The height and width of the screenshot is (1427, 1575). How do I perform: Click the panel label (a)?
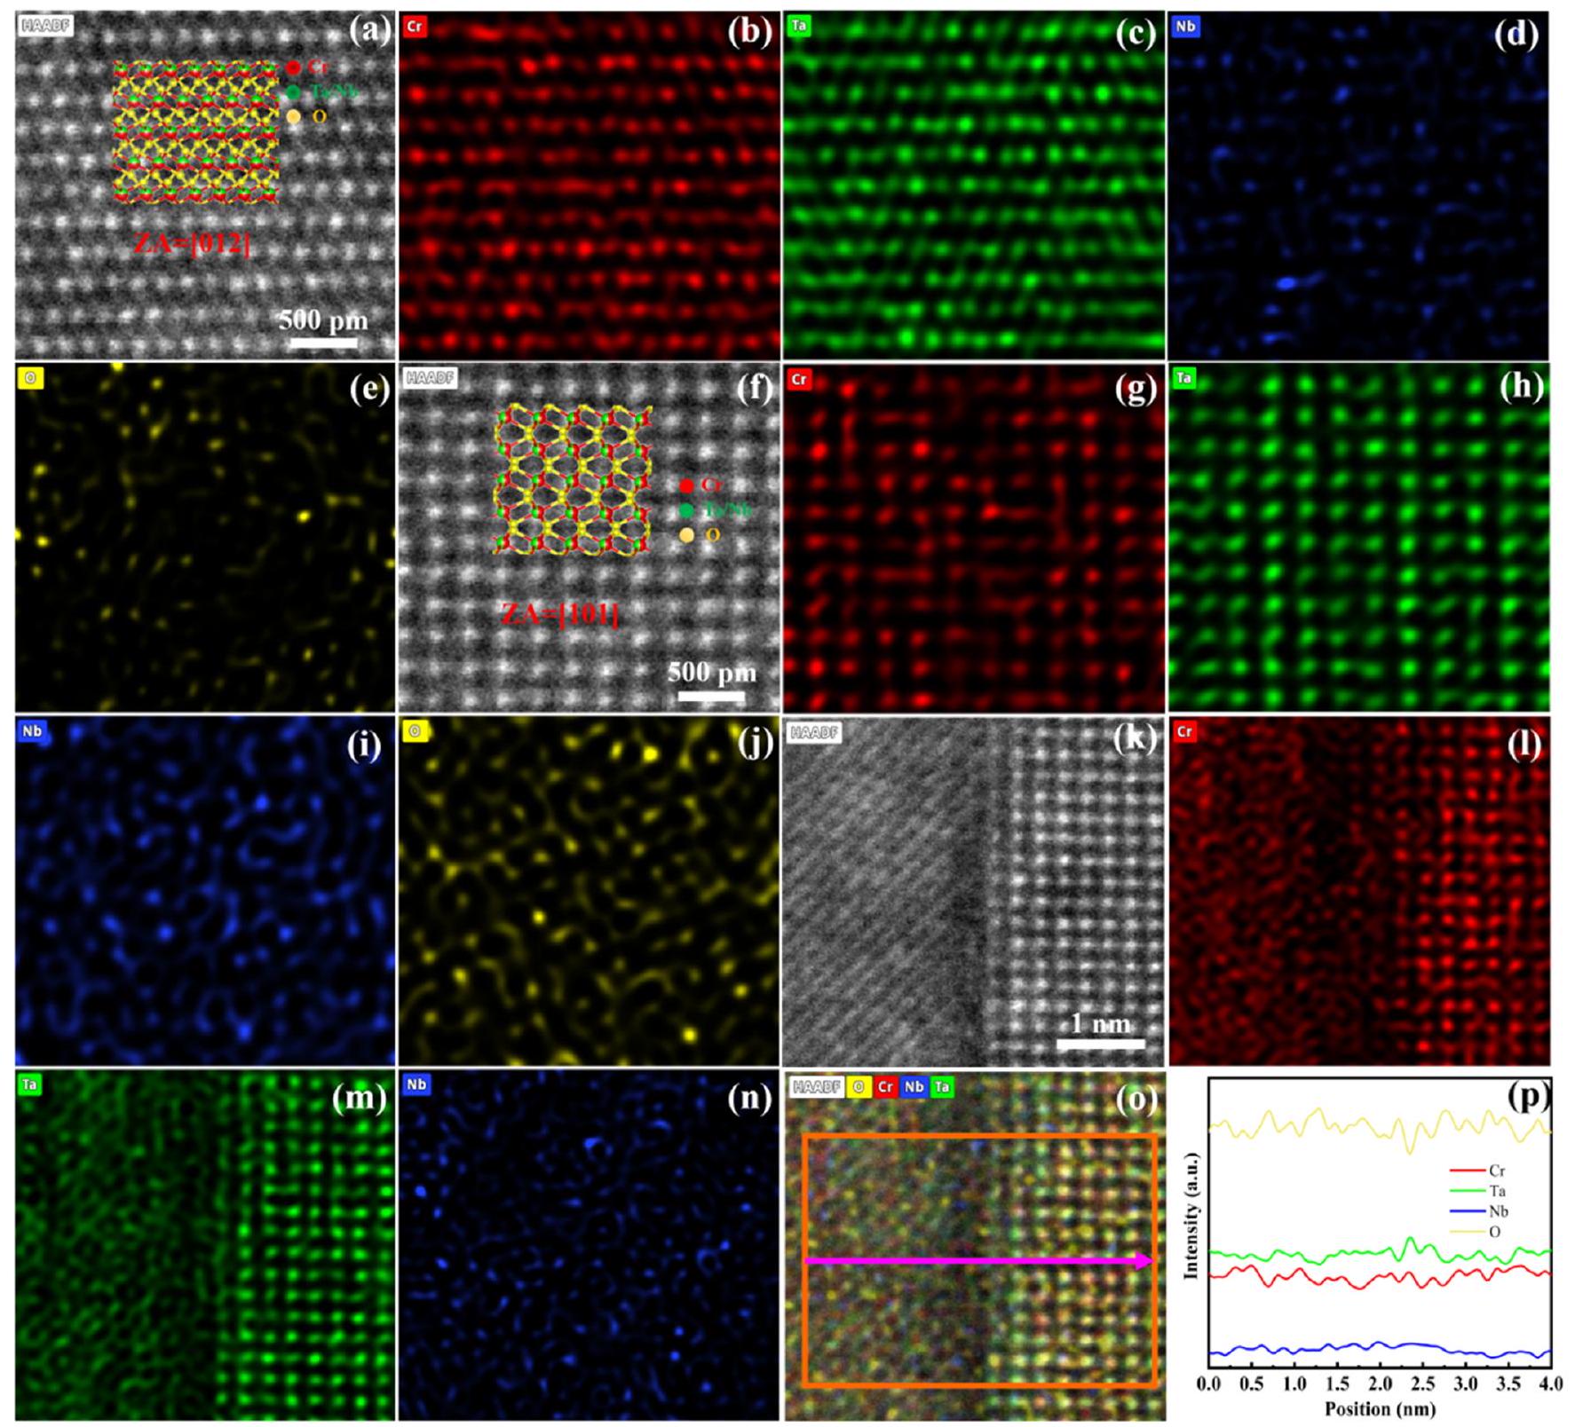(368, 31)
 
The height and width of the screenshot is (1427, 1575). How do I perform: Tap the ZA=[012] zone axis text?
(192, 243)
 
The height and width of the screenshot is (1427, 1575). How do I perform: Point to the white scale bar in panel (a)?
(323, 342)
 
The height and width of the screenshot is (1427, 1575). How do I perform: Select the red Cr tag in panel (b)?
(415, 26)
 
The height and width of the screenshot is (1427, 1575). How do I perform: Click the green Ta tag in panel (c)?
(799, 25)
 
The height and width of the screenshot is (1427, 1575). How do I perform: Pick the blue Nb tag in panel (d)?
(1184, 26)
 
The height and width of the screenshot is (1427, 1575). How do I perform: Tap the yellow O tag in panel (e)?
(30, 378)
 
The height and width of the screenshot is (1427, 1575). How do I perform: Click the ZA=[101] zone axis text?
(559, 613)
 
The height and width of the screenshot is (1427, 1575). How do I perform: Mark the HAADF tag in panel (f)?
(431, 378)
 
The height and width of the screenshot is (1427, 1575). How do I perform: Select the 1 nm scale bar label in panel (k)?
(1100, 1023)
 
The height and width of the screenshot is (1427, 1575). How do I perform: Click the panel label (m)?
(359, 1099)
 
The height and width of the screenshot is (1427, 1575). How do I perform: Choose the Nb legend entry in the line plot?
(1498, 1211)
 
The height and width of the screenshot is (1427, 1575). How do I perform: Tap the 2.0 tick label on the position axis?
(1380, 1384)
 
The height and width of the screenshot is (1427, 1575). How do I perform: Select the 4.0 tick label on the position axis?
(1550, 1384)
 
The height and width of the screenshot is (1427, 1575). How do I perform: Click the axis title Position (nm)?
(1380, 1408)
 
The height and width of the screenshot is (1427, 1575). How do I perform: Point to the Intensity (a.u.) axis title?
(1191, 1216)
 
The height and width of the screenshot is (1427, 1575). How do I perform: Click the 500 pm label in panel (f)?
(712, 672)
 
